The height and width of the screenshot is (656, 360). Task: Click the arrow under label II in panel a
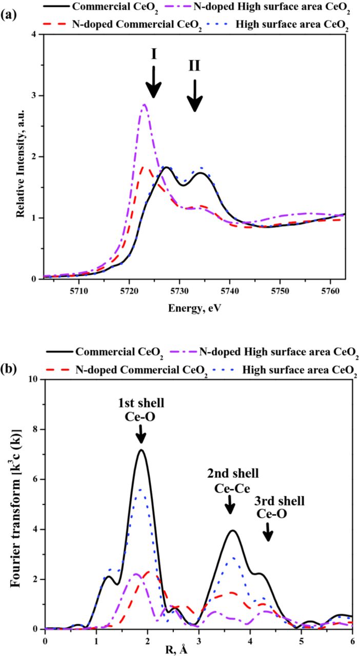[x=194, y=96]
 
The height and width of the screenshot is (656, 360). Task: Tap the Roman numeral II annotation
[x=194, y=66]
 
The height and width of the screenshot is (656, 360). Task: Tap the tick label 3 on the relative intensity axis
[x=35, y=96]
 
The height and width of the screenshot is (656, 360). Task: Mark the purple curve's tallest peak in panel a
[x=145, y=105]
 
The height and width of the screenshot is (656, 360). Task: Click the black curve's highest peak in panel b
[x=140, y=450]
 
